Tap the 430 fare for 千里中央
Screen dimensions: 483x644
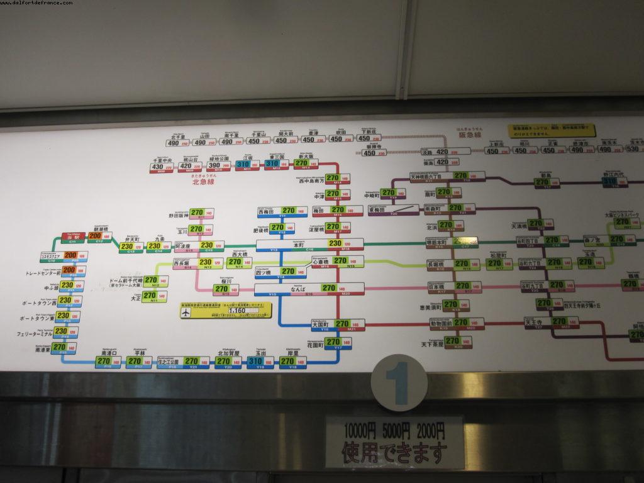coord(158,167)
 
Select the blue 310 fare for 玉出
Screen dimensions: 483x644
coord(255,362)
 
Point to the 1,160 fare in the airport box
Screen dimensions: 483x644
coord(238,310)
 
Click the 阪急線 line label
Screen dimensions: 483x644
coord(469,135)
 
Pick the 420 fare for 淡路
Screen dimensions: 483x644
coord(442,152)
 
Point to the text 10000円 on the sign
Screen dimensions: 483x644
coord(359,431)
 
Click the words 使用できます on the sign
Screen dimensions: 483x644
coord(394,451)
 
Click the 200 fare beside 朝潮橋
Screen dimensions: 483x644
coord(95,237)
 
